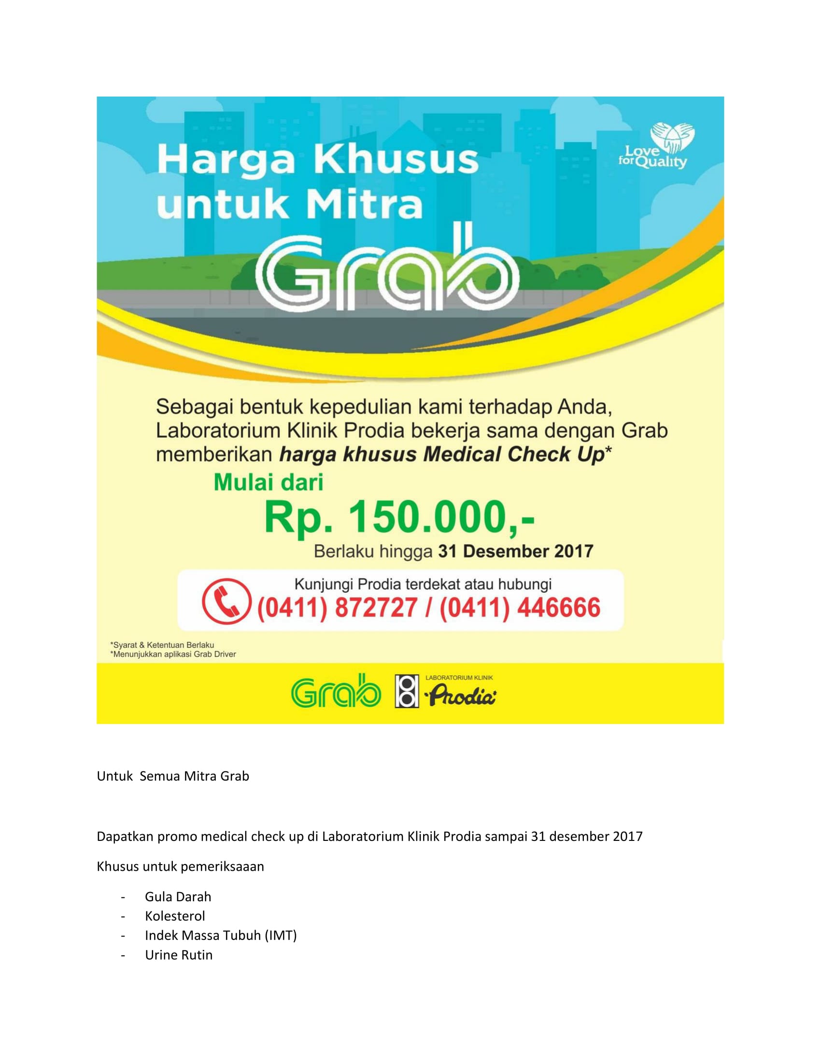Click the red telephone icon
coord(226,601)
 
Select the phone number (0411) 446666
coord(520,608)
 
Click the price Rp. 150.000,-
coord(399,517)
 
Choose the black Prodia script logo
coord(460,694)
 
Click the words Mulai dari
coord(269,482)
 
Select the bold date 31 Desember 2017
coord(516,551)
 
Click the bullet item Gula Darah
coord(178,897)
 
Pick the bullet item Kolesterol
coord(175,916)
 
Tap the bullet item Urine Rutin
coord(179,955)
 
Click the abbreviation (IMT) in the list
coord(281,936)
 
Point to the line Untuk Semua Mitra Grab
coord(173,776)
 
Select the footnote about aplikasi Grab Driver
coord(174,655)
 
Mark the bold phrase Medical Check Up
coord(513,455)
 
